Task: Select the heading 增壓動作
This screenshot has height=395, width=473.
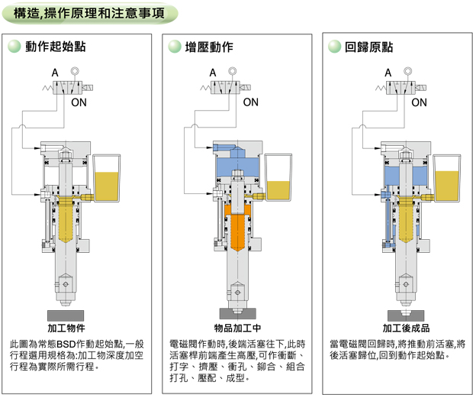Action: [x=209, y=47]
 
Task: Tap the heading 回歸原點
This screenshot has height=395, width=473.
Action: [x=368, y=47]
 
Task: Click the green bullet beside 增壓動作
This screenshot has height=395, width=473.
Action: [x=174, y=47]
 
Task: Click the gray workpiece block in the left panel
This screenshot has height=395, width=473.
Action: [x=63, y=315]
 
